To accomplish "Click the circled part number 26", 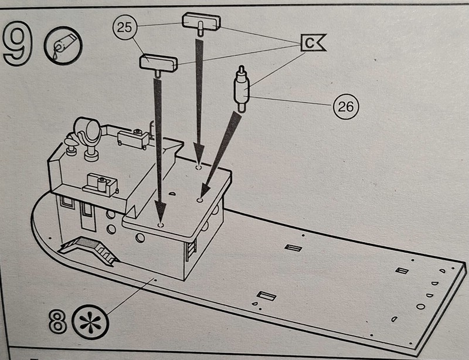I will click(x=346, y=106).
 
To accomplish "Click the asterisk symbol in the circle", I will click(x=89, y=322).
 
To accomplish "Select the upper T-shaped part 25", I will click(x=202, y=23).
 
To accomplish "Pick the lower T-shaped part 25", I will click(x=158, y=62).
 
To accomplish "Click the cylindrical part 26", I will click(x=242, y=89).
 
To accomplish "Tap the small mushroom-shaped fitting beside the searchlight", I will click(x=71, y=144).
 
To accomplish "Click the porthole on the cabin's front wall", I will click(x=140, y=237).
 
